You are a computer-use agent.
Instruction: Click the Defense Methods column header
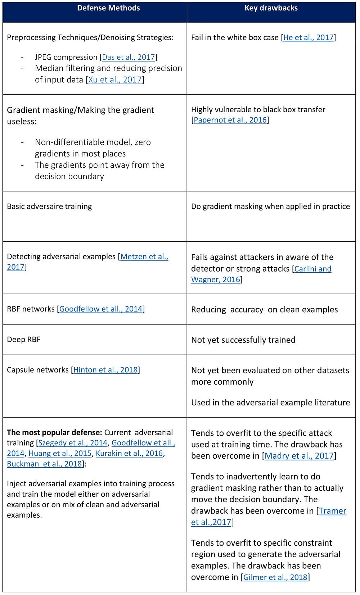click(108, 8)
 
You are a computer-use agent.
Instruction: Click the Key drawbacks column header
click(271, 8)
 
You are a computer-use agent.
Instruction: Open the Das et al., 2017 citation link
click(129, 57)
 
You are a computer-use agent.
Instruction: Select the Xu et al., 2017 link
click(115, 80)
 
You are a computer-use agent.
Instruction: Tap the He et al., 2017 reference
click(309, 37)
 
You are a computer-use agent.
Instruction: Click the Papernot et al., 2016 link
click(230, 120)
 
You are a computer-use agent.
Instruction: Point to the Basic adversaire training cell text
click(49, 206)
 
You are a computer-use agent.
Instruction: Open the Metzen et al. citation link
click(144, 256)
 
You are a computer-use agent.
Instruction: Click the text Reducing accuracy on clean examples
click(264, 309)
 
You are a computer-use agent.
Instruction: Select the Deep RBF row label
click(24, 339)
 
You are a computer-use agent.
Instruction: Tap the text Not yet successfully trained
click(243, 340)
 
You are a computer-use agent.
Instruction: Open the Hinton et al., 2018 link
click(105, 370)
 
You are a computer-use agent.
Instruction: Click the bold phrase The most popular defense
click(55, 432)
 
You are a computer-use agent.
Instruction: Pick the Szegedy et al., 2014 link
click(73, 443)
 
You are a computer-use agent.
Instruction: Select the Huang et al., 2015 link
click(60, 453)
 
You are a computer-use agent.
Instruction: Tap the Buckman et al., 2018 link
click(44, 464)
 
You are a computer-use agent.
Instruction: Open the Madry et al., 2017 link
click(299, 456)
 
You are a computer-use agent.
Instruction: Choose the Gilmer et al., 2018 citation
click(275, 577)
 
